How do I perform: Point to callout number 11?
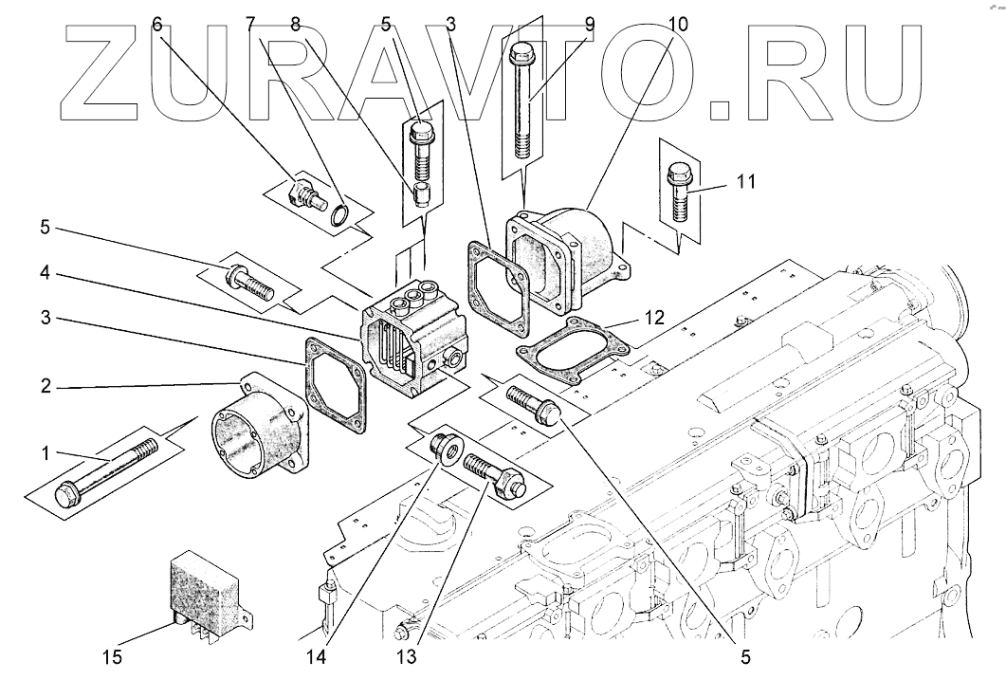point(746,180)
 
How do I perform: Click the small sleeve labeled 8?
point(420,196)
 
